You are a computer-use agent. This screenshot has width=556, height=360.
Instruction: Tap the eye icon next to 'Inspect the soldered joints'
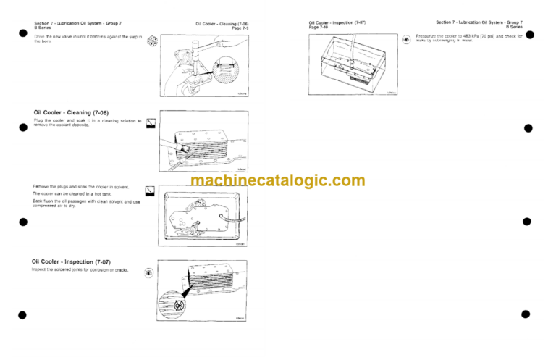coord(149,273)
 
